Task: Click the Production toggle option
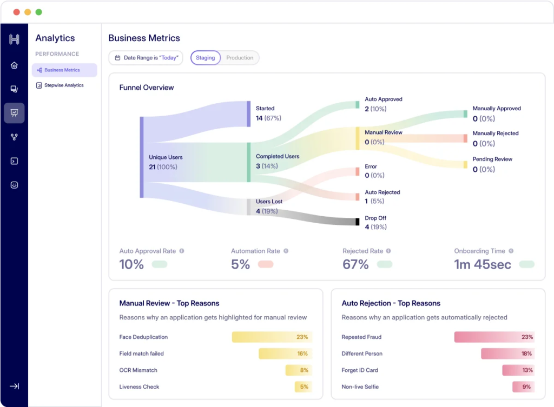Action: (240, 58)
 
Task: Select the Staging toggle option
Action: (206, 58)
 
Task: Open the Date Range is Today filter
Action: (146, 58)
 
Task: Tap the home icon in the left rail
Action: (14, 65)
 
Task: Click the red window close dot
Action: (16, 12)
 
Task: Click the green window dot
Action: (38, 12)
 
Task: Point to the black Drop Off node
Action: (357, 222)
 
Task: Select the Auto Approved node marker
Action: (357, 104)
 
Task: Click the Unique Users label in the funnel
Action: (166, 157)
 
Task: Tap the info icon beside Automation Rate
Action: (286, 251)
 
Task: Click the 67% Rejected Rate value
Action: (355, 264)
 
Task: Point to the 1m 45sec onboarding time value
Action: (482, 264)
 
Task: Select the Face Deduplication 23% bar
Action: (272, 337)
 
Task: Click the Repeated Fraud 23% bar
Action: (494, 337)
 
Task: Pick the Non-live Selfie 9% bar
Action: (523, 387)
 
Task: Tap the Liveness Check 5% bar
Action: (303, 387)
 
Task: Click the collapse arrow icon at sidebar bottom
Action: (14, 386)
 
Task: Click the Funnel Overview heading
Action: (147, 88)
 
